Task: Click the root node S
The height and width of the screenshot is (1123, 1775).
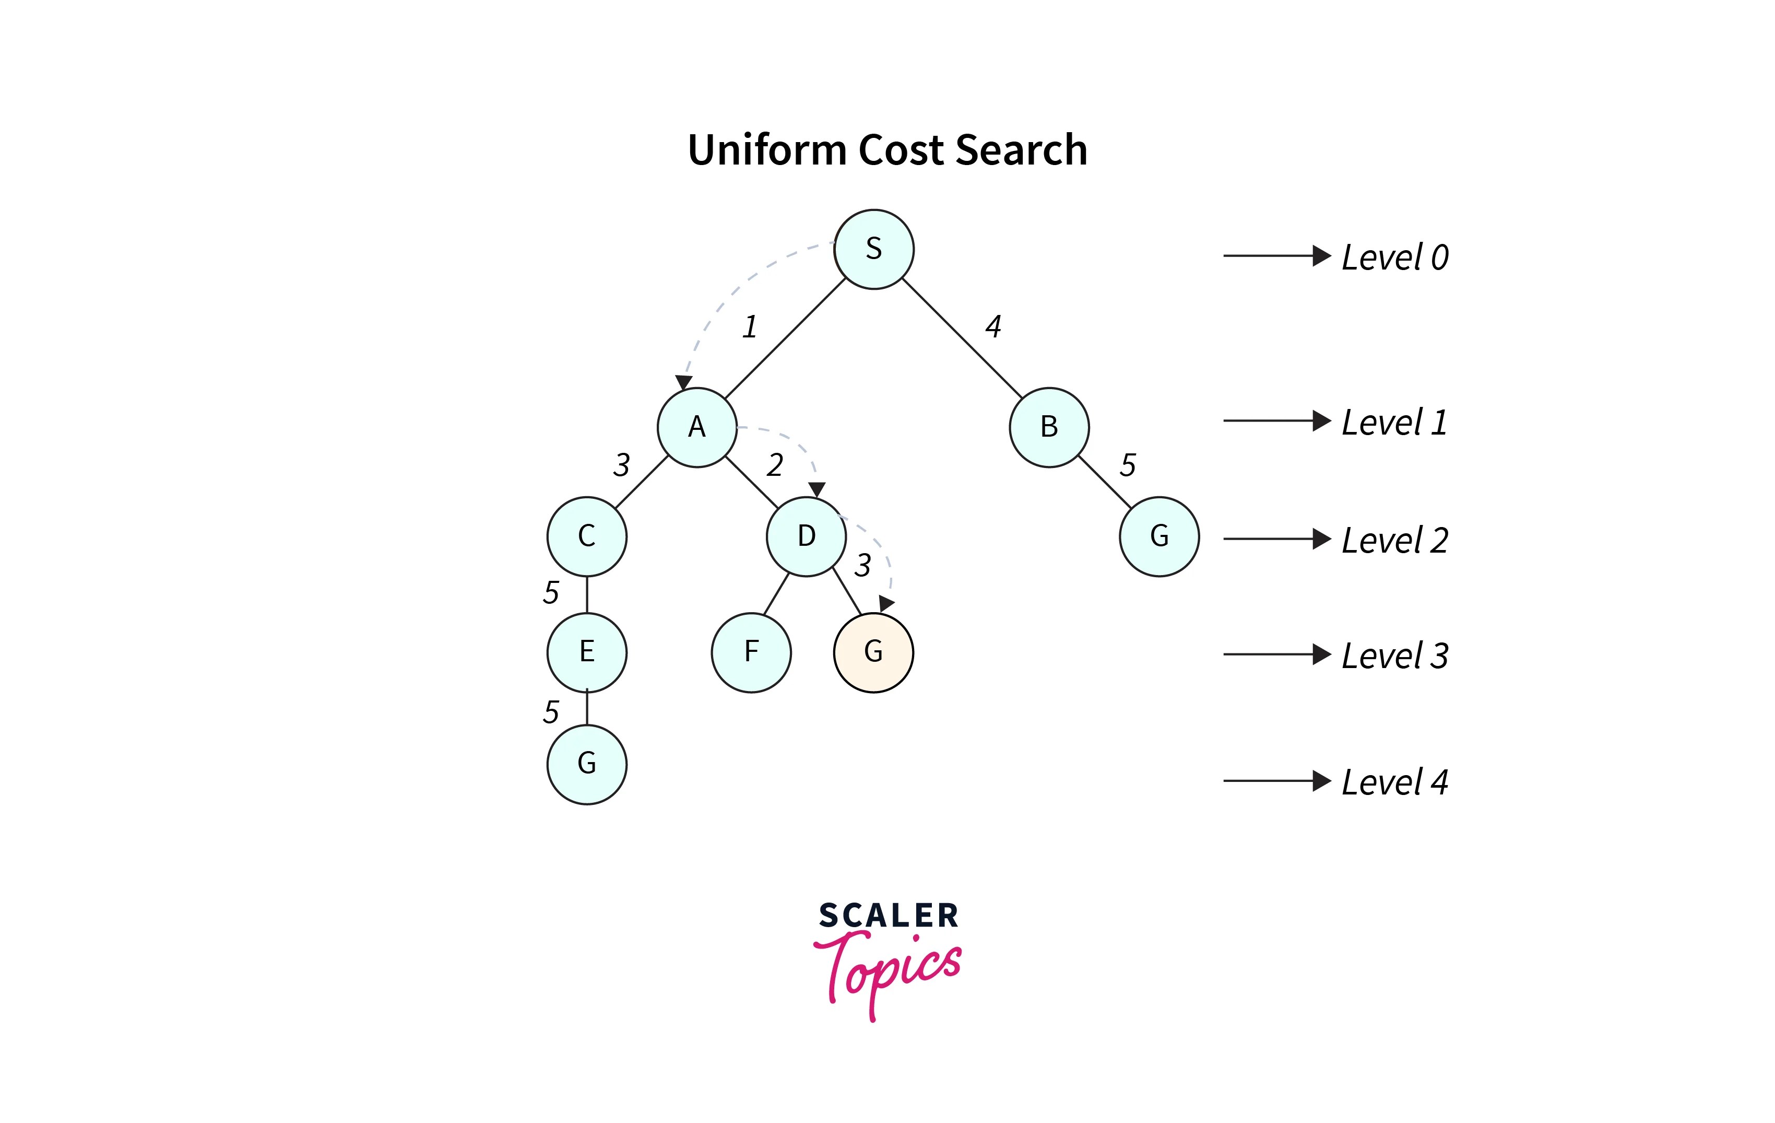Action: tap(873, 249)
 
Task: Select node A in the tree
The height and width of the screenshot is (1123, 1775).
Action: tap(696, 427)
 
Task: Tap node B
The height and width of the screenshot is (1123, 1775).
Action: tap(1049, 427)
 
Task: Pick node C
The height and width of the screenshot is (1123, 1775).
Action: tap(587, 536)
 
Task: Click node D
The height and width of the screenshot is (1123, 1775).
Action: tap(807, 536)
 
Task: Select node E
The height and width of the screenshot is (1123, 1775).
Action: tap(587, 652)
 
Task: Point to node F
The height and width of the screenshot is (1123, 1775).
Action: tap(751, 652)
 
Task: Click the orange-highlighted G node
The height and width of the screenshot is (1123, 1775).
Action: tap(873, 652)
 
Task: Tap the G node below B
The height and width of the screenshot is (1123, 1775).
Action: tap(1159, 536)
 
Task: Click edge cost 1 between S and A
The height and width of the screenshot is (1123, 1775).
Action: tap(750, 326)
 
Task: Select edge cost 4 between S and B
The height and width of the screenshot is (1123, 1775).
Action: tap(993, 326)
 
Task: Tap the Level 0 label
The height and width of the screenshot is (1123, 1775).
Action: tap(1394, 258)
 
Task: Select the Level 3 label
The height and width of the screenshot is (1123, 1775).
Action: tap(1394, 656)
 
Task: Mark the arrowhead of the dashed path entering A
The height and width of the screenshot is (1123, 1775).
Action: tap(683, 382)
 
